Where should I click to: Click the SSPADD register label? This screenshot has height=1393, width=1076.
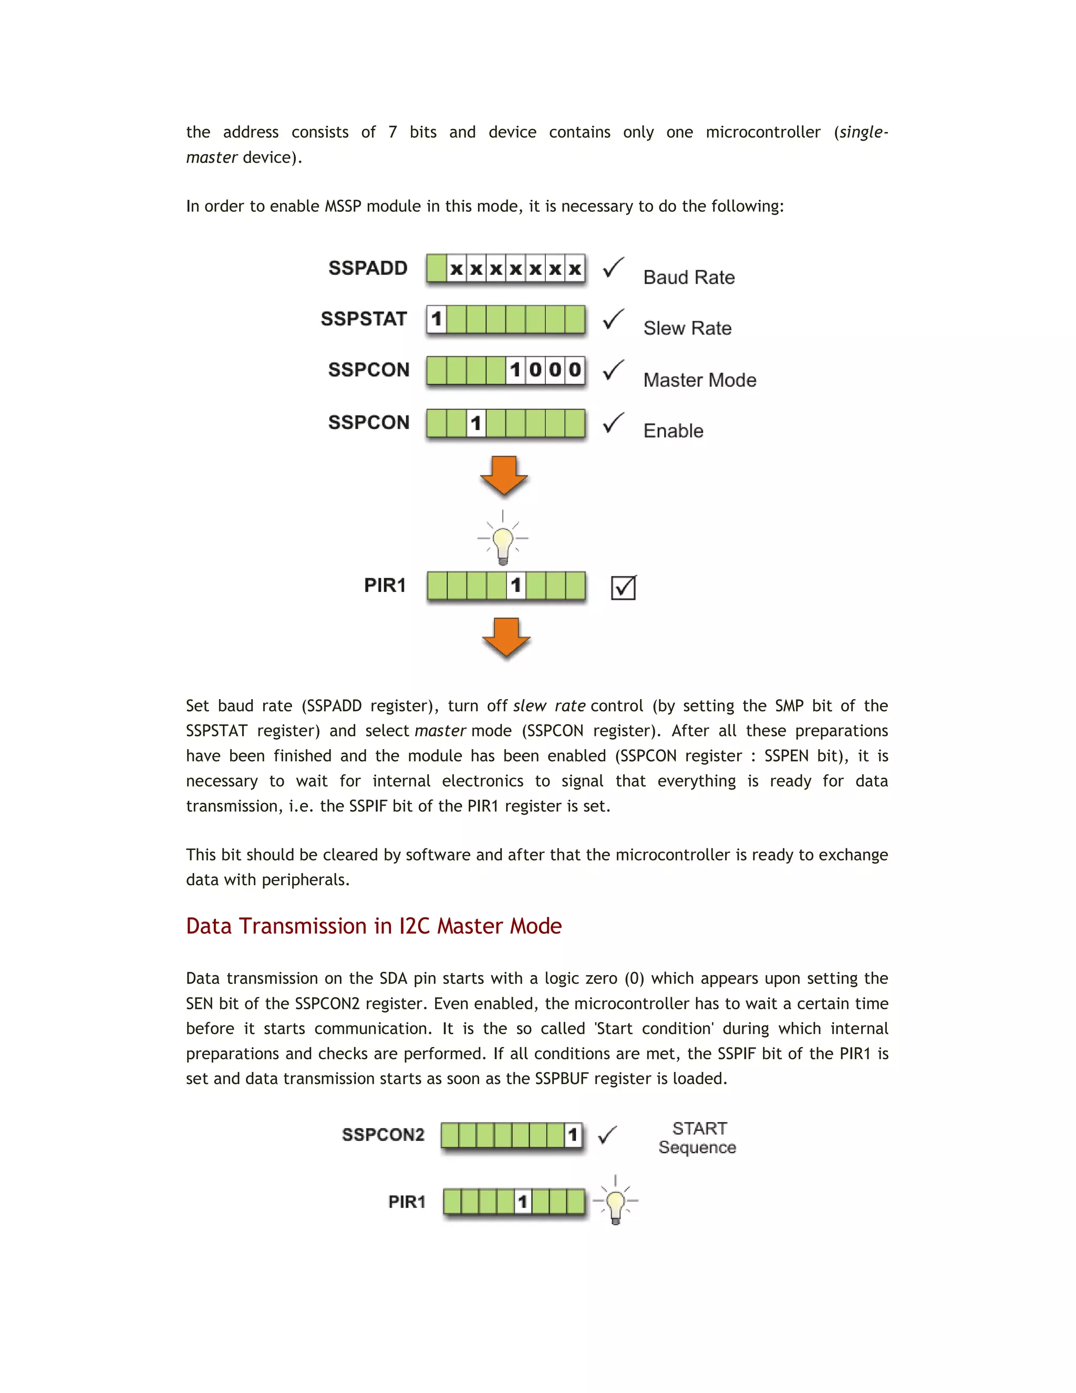[368, 268]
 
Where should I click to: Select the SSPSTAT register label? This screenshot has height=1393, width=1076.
[364, 319]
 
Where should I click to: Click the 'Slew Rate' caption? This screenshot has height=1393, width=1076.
[687, 329]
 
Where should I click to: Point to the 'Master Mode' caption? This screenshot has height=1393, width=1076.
[699, 380]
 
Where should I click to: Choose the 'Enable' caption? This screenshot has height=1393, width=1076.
[673, 431]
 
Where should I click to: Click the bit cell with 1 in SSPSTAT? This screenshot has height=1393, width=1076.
[437, 319]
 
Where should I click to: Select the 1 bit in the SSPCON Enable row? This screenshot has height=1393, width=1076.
[476, 423]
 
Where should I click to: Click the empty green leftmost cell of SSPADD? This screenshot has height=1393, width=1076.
[437, 268]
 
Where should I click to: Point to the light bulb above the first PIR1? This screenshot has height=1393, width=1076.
[503, 542]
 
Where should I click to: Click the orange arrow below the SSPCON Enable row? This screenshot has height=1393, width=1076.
[503, 476]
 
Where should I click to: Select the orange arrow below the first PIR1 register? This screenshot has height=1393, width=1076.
[506, 637]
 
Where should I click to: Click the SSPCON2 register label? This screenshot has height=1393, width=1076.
[383, 1135]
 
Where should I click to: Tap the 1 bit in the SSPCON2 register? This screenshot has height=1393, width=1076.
[573, 1135]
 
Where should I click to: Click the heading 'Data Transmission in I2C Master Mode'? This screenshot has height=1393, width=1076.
[374, 926]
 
